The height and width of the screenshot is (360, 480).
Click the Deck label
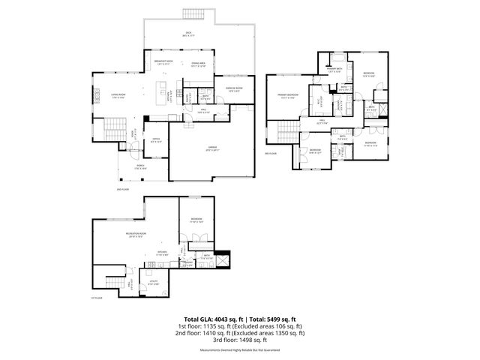tap(189, 33)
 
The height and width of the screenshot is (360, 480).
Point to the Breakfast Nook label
tap(163, 61)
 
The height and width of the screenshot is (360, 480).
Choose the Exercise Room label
tap(235, 89)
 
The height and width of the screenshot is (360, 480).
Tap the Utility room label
tap(152, 283)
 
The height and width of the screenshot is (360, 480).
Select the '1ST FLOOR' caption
tap(97, 298)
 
